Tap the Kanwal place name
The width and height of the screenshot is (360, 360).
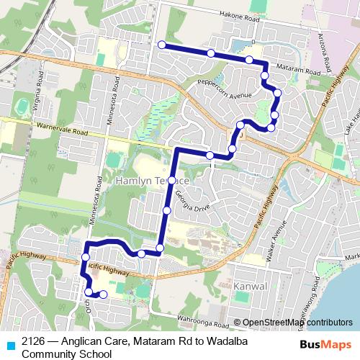pos(251,286)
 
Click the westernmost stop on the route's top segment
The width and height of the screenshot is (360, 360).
pos(161,45)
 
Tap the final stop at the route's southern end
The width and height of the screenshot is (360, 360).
pos(103,294)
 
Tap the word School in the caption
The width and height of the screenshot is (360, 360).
pos(98,354)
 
